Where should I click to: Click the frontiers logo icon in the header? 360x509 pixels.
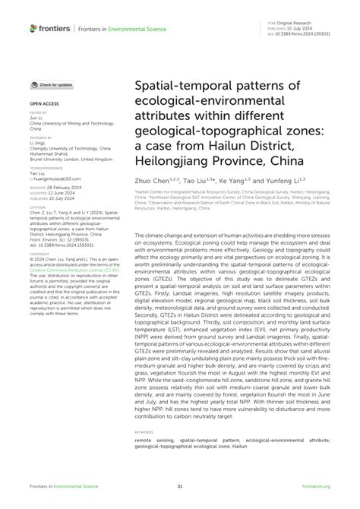pos(33,28)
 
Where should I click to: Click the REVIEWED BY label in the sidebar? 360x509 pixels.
pos(40,134)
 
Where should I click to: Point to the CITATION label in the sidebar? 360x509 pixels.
pos(37,204)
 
